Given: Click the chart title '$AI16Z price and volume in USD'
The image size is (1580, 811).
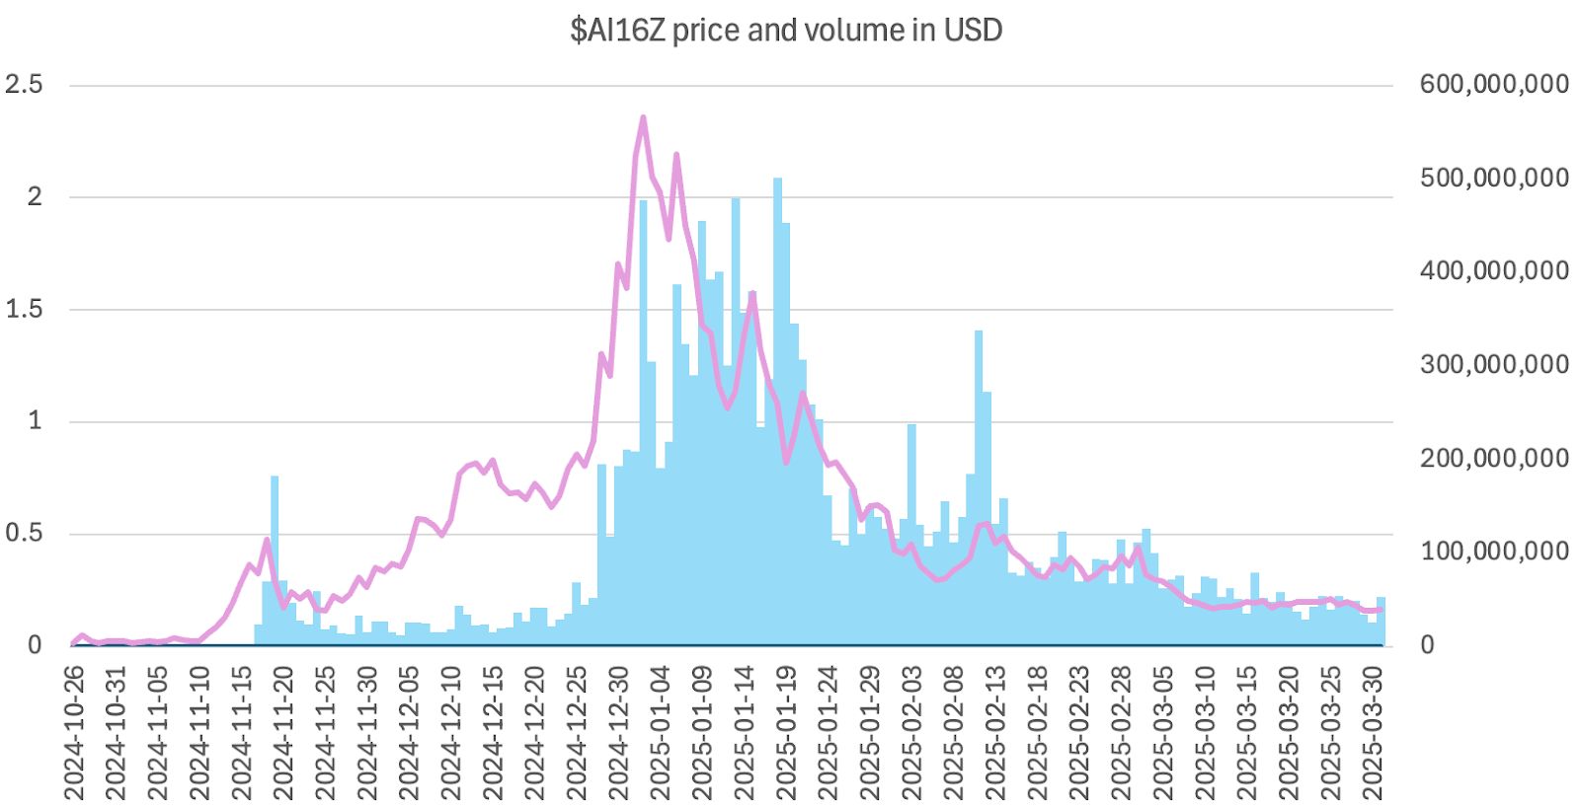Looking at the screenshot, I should click(x=786, y=31).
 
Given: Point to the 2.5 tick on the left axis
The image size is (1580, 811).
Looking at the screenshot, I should click(x=24, y=85).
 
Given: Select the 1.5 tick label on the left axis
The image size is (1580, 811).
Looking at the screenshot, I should click(x=24, y=309).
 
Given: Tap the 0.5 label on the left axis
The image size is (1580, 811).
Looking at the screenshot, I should click(x=24, y=534).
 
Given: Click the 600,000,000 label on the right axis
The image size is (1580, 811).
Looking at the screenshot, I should click(x=1494, y=85).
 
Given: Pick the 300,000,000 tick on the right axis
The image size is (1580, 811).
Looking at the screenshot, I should click(x=1494, y=364).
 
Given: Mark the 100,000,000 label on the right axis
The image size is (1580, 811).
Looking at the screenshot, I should click(x=1494, y=552).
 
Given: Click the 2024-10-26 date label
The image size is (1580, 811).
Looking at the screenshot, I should click(x=74, y=733).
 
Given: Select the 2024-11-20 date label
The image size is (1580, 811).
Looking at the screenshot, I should click(x=283, y=733).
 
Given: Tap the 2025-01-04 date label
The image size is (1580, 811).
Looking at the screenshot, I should click(x=661, y=733).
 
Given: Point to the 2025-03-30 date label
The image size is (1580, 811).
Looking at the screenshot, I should click(x=1373, y=733).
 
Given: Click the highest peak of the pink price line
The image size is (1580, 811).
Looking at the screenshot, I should click(x=643, y=118).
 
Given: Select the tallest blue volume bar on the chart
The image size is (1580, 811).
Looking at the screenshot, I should click(x=777, y=296).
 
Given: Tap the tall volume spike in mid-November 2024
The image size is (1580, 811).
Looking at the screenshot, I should click(x=275, y=553).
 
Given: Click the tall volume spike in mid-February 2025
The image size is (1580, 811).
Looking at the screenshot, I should click(x=979, y=444).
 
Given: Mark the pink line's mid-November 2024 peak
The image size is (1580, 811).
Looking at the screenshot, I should click(x=267, y=540).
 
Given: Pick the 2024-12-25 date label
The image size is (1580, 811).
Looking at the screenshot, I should click(x=577, y=733).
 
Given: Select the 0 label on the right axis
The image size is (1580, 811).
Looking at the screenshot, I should click(x=1427, y=645).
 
